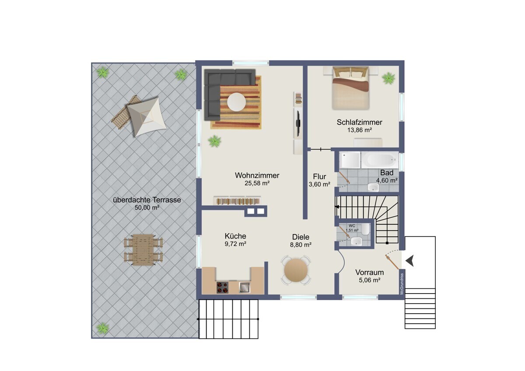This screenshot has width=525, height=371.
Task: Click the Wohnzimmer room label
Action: point(257,175)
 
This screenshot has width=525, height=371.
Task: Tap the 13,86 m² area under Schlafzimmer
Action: point(360,130)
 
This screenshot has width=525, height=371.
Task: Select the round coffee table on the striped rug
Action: point(237,102)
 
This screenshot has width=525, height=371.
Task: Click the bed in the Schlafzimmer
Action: point(350,88)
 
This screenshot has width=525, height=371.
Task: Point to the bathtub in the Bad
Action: point(380,160)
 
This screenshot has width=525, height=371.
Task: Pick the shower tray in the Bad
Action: point(350,160)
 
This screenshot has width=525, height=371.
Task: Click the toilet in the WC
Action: point(365,229)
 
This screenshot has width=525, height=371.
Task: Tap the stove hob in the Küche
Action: point(222,287)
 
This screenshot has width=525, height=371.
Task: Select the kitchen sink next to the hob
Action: point(245,287)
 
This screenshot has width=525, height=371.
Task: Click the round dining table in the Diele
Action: point(296,270)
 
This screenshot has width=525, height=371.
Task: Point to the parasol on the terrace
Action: point(147,117)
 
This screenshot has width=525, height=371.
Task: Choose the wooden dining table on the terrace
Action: point(143,250)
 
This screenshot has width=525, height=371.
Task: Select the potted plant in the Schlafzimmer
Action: point(388,78)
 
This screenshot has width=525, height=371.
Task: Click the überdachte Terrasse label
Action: point(147,200)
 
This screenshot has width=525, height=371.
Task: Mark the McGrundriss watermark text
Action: point(402,284)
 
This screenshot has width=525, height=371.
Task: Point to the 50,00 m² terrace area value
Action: point(147,208)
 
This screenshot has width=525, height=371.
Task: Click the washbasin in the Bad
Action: point(373,187)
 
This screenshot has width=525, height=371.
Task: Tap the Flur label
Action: point(319,176)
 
